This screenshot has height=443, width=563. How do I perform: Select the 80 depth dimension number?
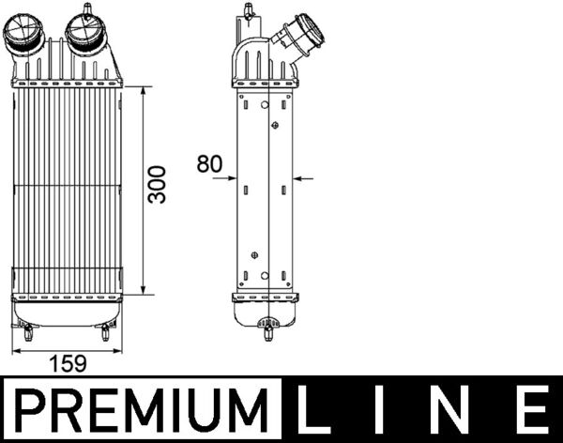209,164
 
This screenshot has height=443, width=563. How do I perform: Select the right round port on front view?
90,35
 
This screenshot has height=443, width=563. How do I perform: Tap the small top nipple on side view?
249,10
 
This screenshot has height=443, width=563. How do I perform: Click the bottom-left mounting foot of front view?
27,331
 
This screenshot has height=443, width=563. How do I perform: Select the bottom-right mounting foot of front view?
105,331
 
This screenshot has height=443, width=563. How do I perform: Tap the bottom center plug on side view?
268,330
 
